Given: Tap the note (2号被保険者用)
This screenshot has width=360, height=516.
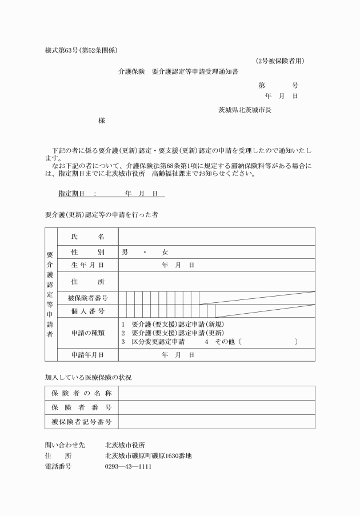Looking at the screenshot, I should [279, 61].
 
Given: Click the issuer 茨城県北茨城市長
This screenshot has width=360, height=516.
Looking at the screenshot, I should [245, 109].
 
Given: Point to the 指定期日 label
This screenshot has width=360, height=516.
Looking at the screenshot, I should [71, 194].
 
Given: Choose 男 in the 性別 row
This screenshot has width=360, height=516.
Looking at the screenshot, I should [125, 252].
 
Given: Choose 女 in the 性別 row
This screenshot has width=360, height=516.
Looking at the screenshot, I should [165, 252].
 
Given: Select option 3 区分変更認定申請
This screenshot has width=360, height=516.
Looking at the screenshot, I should [153, 342].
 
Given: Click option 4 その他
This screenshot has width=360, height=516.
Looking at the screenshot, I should [216, 342].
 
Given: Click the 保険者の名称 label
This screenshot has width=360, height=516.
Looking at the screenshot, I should [81, 393].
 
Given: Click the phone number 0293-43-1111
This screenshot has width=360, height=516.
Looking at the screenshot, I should [129, 466].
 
